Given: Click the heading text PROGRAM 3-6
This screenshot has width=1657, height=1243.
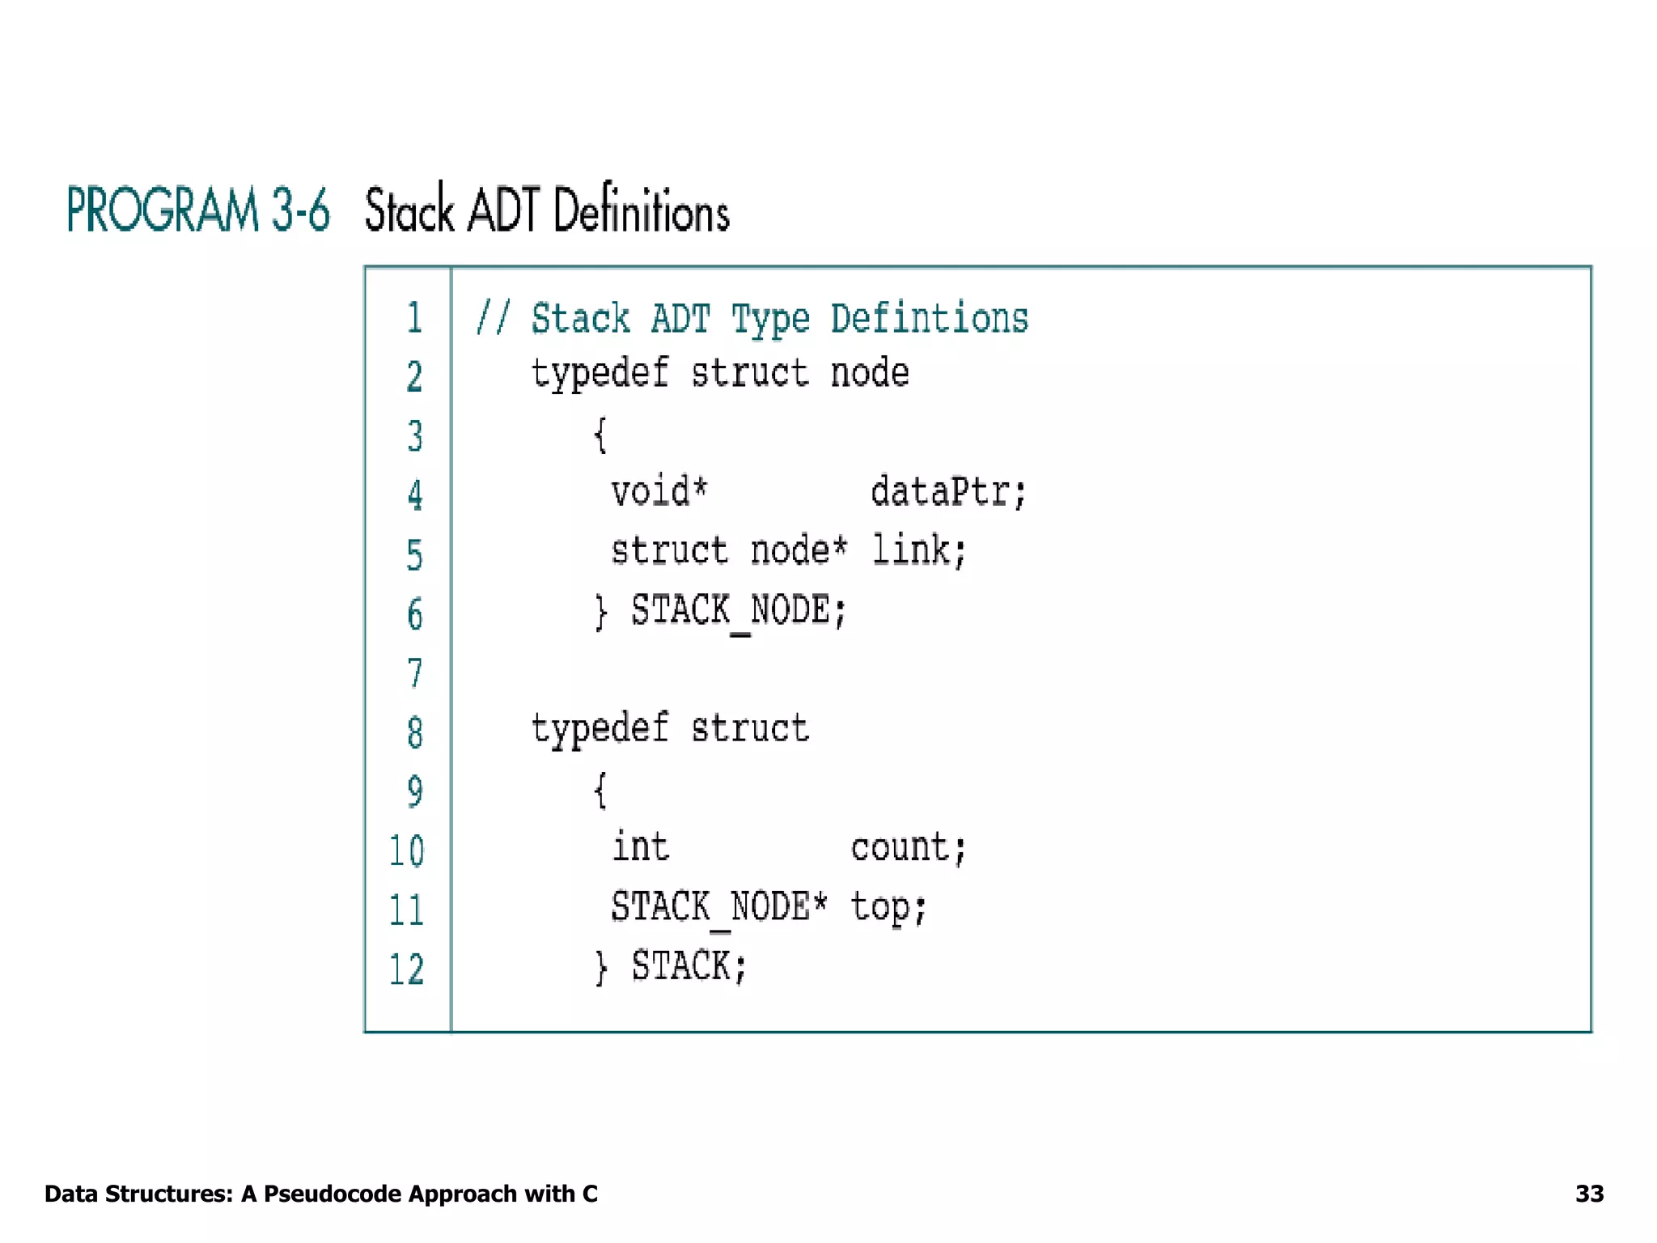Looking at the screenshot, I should pyautogui.click(x=198, y=210).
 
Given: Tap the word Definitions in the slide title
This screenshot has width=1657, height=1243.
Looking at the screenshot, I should pyautogui.click(x=642, y=210).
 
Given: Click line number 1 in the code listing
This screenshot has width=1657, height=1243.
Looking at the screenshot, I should pyautogui.click(x=414, y=317).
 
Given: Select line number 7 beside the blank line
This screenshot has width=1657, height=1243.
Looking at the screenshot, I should pyautogui.click(x=414, y=673).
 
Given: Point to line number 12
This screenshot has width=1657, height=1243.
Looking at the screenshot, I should pyautogui.click(x=406, y=969).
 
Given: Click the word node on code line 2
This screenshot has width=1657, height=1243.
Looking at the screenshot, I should pyautogui.click(x=870, y=373).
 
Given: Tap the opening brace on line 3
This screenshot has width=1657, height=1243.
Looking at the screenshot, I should pyautogui.click(x=600, y=435).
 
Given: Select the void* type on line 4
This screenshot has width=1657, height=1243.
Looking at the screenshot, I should pyautogui.click(x=659, y=491).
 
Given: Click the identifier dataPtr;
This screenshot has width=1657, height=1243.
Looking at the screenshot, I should pyautogui.click(x=948, y=491).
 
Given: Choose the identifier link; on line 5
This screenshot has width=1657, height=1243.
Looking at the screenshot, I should pyautogui.click(x=918, y=550).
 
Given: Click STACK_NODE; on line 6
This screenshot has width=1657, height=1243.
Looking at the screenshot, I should pyautogui.click(x=738, y=610).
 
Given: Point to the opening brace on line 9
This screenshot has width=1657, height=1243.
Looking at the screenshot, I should pyautogui.click(x=600, y=791).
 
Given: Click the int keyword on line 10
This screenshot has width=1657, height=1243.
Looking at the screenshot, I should pyautogui.click(x=640, y=847).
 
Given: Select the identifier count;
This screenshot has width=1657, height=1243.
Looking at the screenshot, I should pyautogui.click(x=908, y=848).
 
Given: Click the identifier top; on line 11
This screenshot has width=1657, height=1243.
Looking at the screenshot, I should pyautogui.click(x=888, y=908).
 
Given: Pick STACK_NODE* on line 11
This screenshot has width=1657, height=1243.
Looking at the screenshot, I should pyautogui.click(x=719, y=907).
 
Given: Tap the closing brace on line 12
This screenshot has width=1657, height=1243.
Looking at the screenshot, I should pyautogui.click(x=600, y=967).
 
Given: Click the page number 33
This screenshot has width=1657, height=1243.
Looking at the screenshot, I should pyautogui.click(x=1589, y=1194).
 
